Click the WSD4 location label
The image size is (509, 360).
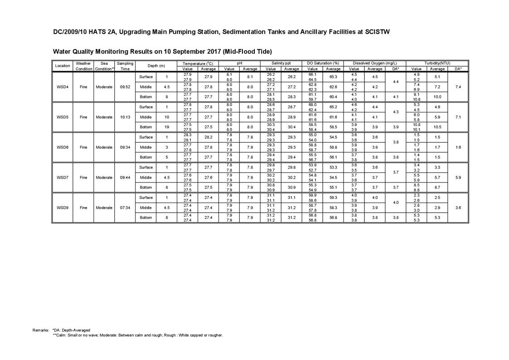click(x=62, y=87)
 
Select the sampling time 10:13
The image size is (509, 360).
click(x=125, y=117)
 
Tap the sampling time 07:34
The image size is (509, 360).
click(x=125, y=208)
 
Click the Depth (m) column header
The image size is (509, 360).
click(x=156, y=66)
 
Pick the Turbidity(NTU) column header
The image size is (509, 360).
click(x=437, y=63)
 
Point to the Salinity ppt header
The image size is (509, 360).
click(x=281, y=63)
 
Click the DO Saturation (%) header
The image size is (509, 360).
click(x=323, y=63)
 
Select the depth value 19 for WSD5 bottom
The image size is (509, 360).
click(x=167, y=127)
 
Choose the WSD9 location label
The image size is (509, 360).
click(x=62, y=208)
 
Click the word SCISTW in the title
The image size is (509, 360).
click(x=377, y=32)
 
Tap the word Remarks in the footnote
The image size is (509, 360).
click(x=41, y=330)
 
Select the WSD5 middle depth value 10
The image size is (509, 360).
click(x=167, y=117)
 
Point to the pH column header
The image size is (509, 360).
click(x=239, y=63)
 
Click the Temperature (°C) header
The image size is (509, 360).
click(x=198, y=63)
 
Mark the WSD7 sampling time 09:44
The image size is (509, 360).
click(x=125, y=177)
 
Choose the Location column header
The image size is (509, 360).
click(x=62, y=66)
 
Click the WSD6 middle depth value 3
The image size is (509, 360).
click(x=167, y=147)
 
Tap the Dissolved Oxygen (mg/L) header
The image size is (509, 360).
click(x=374, y=63)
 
